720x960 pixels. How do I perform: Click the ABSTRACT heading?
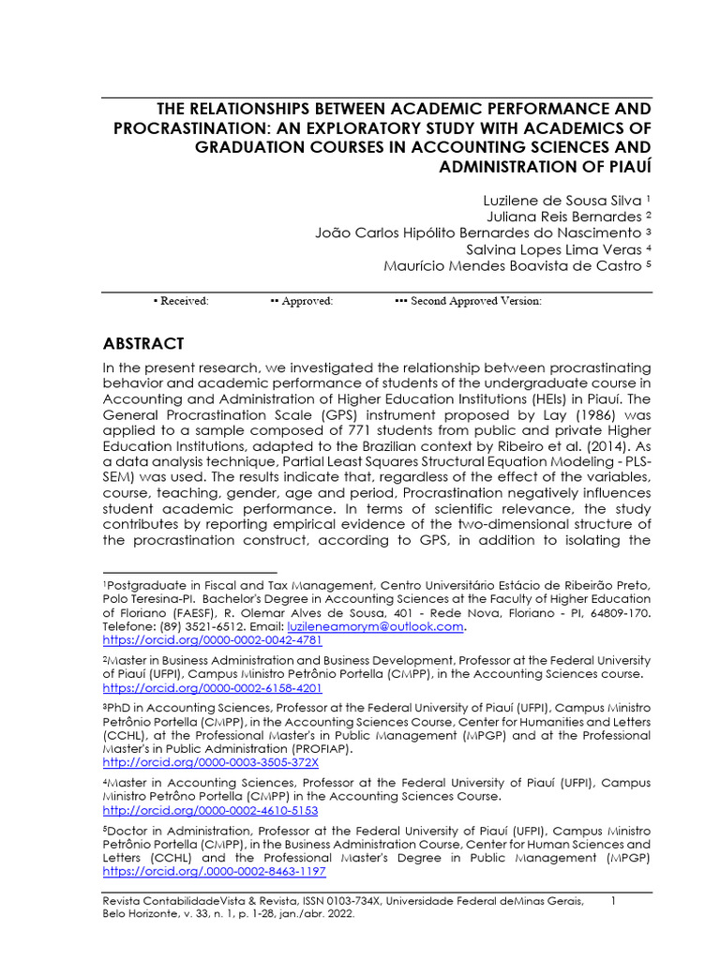click(142, 343)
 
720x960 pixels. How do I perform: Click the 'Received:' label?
click(184, 301)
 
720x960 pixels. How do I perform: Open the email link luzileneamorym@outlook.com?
click(390, 626)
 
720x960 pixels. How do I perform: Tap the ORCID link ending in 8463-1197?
click(214, 871)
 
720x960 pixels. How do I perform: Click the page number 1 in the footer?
click(612, 901)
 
